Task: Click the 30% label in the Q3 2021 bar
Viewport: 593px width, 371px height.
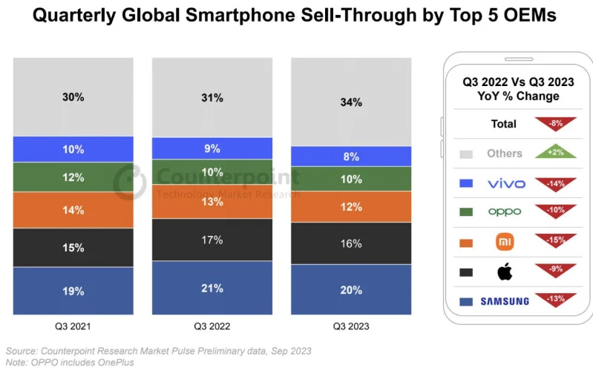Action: click(x=73, y=97)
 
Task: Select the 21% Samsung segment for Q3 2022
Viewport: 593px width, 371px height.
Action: click(x=212, y=289)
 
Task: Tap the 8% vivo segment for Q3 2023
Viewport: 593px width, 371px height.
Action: click(x=351, y=157)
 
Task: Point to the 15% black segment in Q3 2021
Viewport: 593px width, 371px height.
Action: click(x=73, y=248)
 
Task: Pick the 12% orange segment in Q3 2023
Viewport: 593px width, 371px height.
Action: click(x=351, y=206)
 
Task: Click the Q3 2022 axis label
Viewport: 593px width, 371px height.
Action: click(x=212, y=326)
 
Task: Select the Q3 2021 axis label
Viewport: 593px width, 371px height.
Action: click(x=73, y=326)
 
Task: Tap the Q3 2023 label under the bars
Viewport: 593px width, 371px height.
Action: click(x=351, y=326)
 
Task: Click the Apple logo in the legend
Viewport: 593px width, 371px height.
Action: click(x=505, y=272)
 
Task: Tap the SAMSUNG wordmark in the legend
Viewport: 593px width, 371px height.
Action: click(x=504, y=301)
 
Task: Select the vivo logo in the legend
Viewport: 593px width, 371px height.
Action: click(x=504, y=183)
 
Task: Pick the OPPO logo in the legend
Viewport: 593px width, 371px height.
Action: click(x=504, y=212)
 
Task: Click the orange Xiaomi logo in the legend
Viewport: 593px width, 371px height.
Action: click(x=505, y=242)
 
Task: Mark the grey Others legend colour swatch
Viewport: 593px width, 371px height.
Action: click(x=467, y=154)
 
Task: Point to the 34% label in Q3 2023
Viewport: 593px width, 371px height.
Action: click(x=351, y=102)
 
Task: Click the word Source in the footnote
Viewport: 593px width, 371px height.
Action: click(x=22, y=350)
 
